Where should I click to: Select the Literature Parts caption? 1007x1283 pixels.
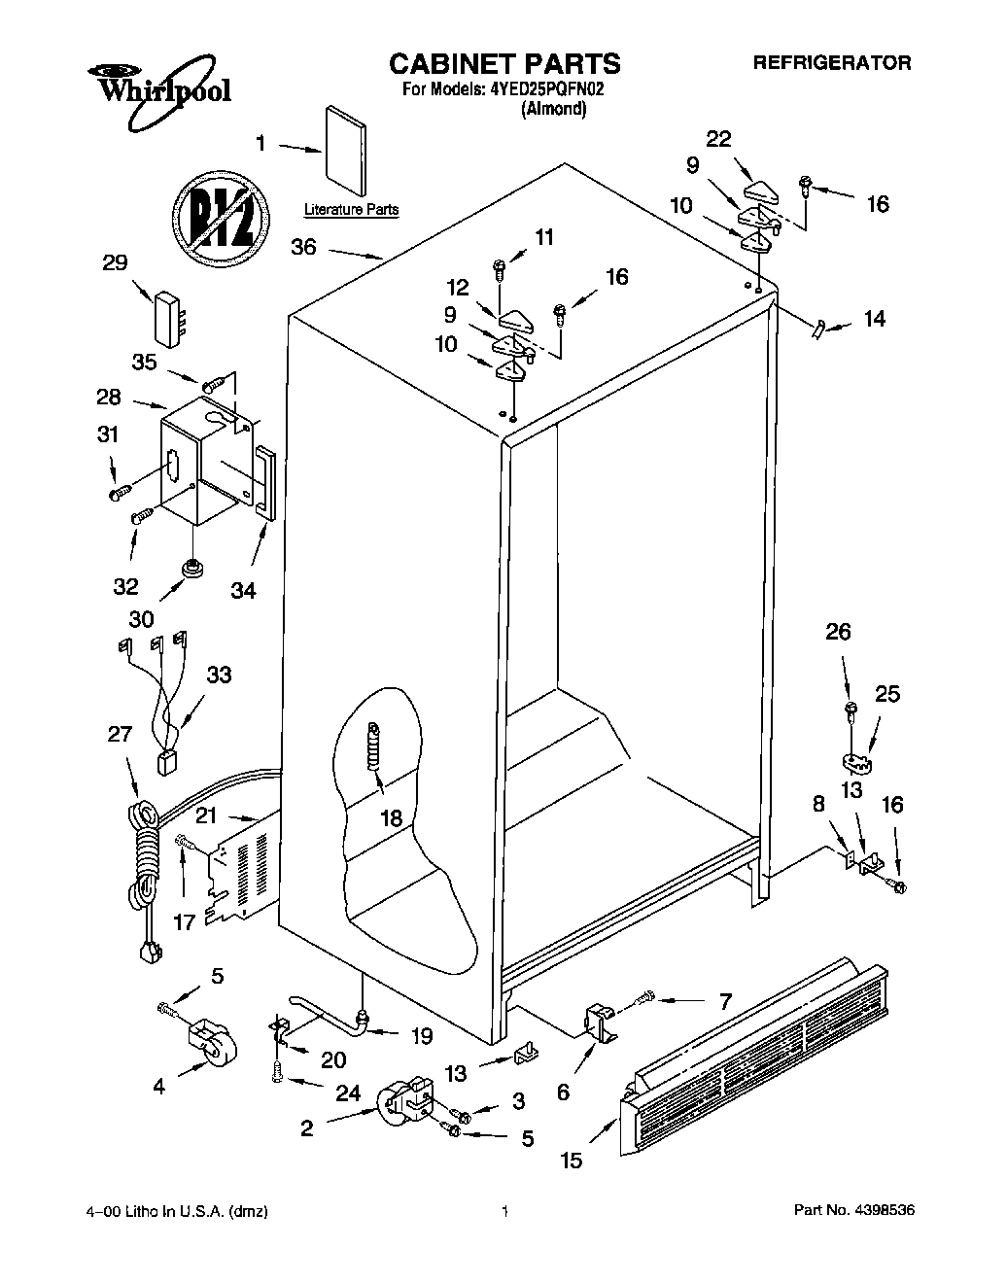(x=351, y=210)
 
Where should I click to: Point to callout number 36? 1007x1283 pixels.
(x=303, y=248)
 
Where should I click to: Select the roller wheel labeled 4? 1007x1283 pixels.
(x=207, y=1045)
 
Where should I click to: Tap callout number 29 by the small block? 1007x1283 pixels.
(x=116, y=263)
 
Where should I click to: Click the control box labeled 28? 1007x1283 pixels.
(x=201, y=457)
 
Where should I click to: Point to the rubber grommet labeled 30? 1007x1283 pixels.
(x=191, y=567)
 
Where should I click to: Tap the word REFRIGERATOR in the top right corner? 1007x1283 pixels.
(x=833, y=63)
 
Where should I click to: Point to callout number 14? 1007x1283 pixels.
(x=875, y=319)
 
